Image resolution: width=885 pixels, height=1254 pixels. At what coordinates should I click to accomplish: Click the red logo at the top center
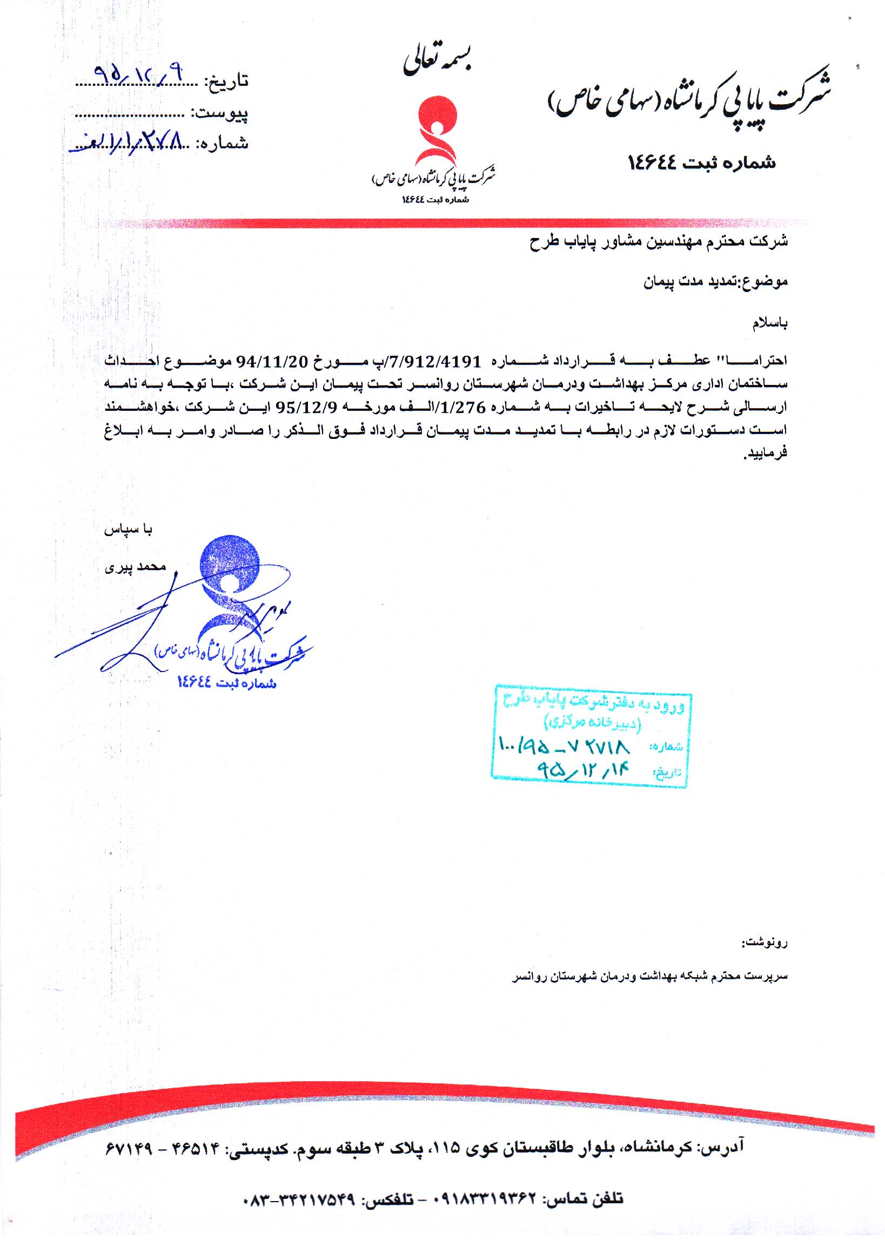pos(435,131)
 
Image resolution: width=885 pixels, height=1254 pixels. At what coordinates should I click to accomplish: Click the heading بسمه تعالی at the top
pos(437,62)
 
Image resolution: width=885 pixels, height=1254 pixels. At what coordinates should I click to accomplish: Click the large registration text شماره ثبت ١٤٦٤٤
pos(702,162)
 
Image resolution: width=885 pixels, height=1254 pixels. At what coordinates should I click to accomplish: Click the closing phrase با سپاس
pos(129,530)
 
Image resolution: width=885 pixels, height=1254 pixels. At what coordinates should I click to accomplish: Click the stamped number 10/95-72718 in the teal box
pos(565,745)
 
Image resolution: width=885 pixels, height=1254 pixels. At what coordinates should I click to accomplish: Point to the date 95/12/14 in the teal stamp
pos(584,770)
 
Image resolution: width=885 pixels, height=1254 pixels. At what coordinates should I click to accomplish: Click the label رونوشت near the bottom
pos(765,942)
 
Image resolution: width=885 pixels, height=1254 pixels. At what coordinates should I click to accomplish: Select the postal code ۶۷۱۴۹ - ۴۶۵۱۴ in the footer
pos(161,1148)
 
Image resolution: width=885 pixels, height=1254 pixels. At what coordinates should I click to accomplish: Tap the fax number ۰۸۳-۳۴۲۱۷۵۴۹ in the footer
pos(298,1199)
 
